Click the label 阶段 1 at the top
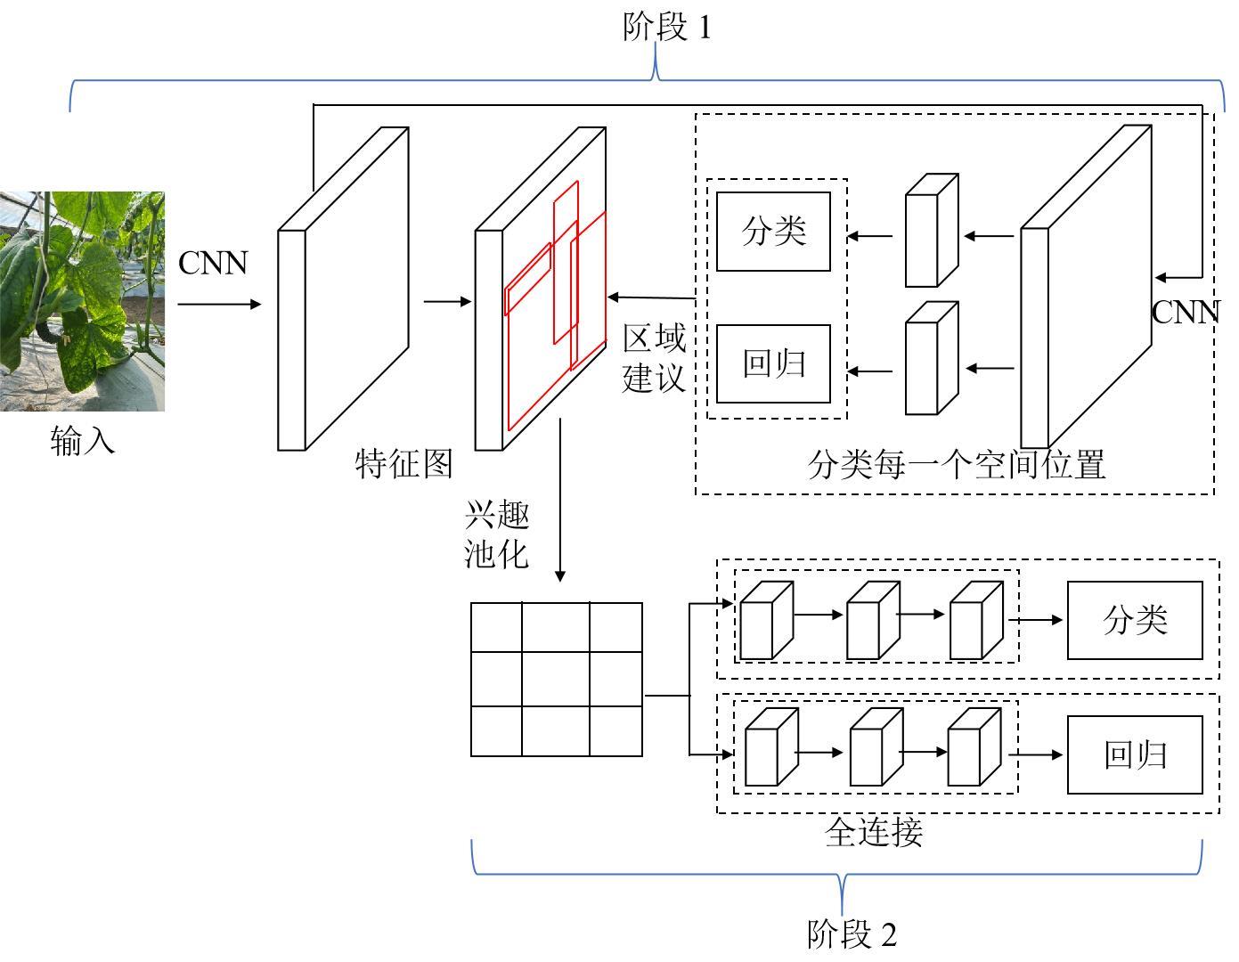[x=667, y=28]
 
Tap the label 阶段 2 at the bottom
[x=852, y=934]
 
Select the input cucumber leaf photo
[x=82, y=301]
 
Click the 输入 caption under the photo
[x=83, y=440]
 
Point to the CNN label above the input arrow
[x=213, y=263]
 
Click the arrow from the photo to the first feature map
[x=219, y=304]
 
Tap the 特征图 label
[x=404, y=463]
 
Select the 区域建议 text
[x=654, y=358]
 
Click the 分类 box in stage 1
[x=773, y=232]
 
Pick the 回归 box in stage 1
[x=773, y=363]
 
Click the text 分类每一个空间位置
[x=956, y=464]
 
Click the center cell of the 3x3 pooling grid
[x=555, y=679]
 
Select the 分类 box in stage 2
[x=1135, y=620]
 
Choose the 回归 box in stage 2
[x=1135, y=754]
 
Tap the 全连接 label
[x=874, y=832]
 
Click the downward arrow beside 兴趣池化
[x=560, y=499]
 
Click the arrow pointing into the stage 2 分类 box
[x=1037, y=620]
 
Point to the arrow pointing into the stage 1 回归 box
[x=870, y=371]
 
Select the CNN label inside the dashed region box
[x=1185, y=312]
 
